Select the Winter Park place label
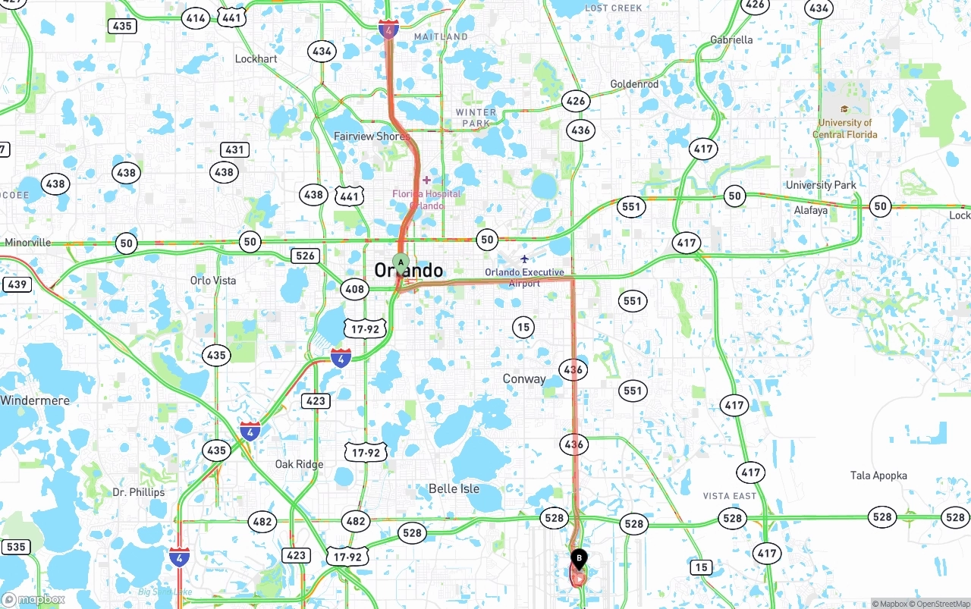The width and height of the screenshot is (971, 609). pyautogui.click(x=476, y=118)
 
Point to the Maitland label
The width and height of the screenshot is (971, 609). pyautogui.click(x=441, y=36)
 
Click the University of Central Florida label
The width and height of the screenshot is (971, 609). pyautogui.click(x=845, y=128)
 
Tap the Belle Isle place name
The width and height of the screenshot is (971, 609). pyautogui.click(x=454, y=488)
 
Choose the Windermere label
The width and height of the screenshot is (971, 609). pyautogui.click(x=35, y=400)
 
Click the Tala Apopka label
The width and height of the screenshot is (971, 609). pyautogui.click(x=878, y=476)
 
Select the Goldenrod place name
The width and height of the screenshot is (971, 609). pyautogui.click(x=634, y=84)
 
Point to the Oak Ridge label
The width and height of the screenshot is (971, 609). pyautogui.click(x=299, y=464)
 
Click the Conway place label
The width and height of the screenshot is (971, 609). pyautogui.click(x=524, y=378)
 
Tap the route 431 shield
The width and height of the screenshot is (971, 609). pyautogui.click(x=234, y=149)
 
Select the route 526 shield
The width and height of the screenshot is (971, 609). pyautogui.click(x=305, y=256)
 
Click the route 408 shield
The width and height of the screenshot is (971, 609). pyautogui.click(x=354, y=289)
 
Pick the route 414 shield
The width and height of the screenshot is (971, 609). pyautogui.click(x=196, y=18)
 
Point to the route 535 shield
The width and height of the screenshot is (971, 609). pyautogui.click(x=16, y=547)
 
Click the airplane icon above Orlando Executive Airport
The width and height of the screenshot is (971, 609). pyautogui.click(x=524, y=259)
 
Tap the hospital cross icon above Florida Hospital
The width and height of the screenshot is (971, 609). pyautogui.click(x=426, y=180)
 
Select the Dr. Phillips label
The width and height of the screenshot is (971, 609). pyautogui.click(x=138, y=492)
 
